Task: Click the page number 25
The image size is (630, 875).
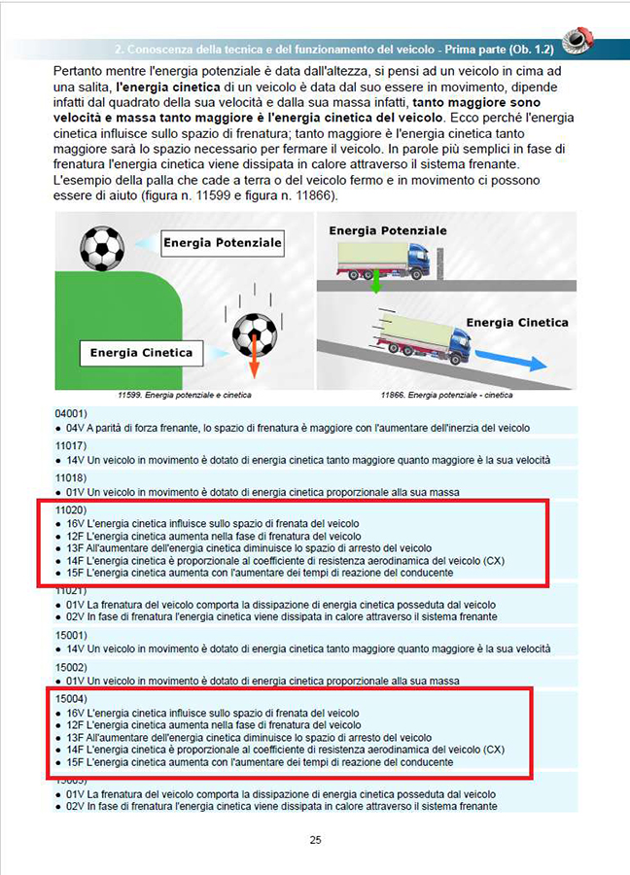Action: [x=315, y=840]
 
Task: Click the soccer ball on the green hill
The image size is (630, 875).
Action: [x=102, y=248]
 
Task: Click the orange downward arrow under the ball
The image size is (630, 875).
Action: [x=254, y=363]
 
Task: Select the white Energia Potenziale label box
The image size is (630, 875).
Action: [x=222, y=241]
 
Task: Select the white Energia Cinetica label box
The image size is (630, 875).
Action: [x=142, y=352]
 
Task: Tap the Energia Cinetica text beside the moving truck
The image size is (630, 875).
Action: [x=516, y=322]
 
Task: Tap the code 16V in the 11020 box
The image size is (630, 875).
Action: [x=76, y=523]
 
